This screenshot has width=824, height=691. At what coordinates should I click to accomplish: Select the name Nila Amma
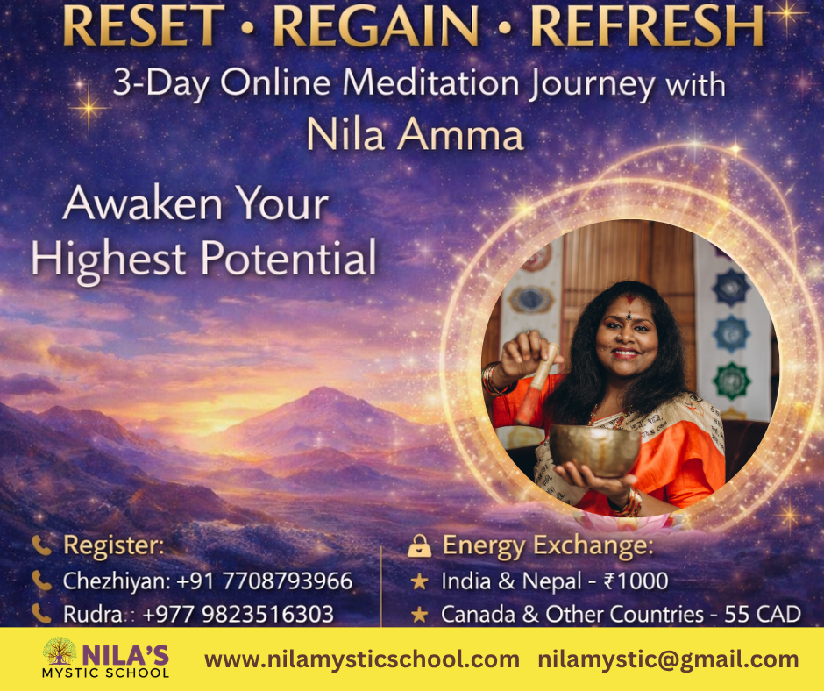click(x=415, y=135)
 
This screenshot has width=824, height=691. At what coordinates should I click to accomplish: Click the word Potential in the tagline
click(x=288, y=258)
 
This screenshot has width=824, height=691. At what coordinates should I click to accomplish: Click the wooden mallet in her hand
click(x=536, y=384)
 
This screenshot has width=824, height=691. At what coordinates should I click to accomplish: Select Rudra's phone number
click(x=238, y=614)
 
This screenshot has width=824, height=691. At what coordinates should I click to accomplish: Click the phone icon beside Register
click(x=41, y=545)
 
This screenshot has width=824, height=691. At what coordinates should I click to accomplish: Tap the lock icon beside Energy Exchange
click(x=419, y=545)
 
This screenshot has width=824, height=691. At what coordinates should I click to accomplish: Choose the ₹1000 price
click(x=636, y=581)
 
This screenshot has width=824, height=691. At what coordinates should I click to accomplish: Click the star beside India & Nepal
click(x=419, y=581)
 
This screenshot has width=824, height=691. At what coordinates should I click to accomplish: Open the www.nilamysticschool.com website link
click(x=361, y=659)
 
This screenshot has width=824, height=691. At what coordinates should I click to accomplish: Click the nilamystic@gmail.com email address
click(x=668, y=659)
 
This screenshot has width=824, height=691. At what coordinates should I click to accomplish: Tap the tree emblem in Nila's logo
click(x=60, y=651)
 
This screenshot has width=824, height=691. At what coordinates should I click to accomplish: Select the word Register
click(x=113, y=545)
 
